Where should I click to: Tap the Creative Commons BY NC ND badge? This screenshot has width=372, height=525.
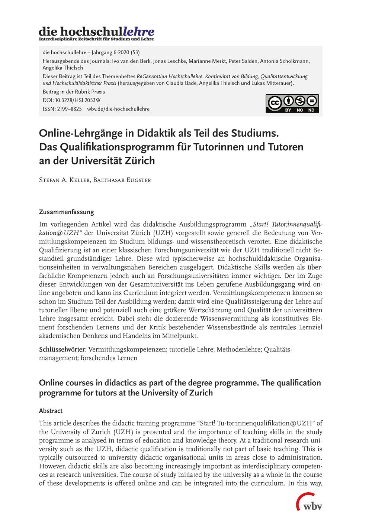(x=292, y=103)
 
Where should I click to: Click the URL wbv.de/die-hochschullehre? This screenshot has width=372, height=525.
(x=118, y=109)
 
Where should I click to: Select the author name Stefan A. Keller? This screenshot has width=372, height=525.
(x=64, y=180)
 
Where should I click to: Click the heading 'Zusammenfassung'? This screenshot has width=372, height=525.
(x=67, y=212)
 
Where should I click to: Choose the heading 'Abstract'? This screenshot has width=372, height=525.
(x=51, y=411)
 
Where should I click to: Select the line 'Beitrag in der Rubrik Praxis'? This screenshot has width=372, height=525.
(x=74, y=92)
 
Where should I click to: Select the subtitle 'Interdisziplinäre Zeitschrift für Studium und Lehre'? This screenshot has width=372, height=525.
(x=96, y=39)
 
